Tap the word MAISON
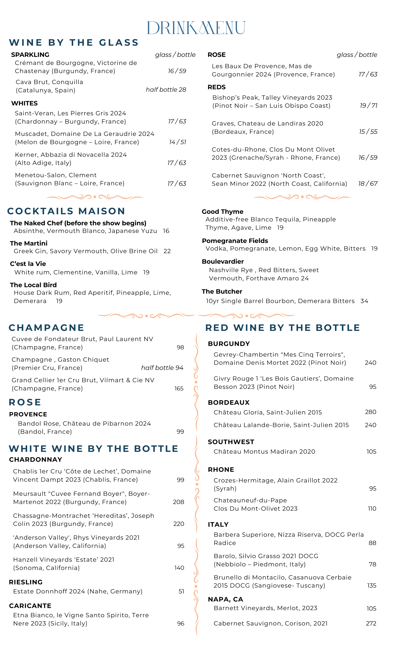(x=101, y=211)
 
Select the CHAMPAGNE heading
(x=46, y=328)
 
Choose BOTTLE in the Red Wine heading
(x=338, y=328)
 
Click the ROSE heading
(x=25, y=402)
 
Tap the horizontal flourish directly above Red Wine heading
(x=246, y=315)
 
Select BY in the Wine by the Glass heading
(x=56, y=43)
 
